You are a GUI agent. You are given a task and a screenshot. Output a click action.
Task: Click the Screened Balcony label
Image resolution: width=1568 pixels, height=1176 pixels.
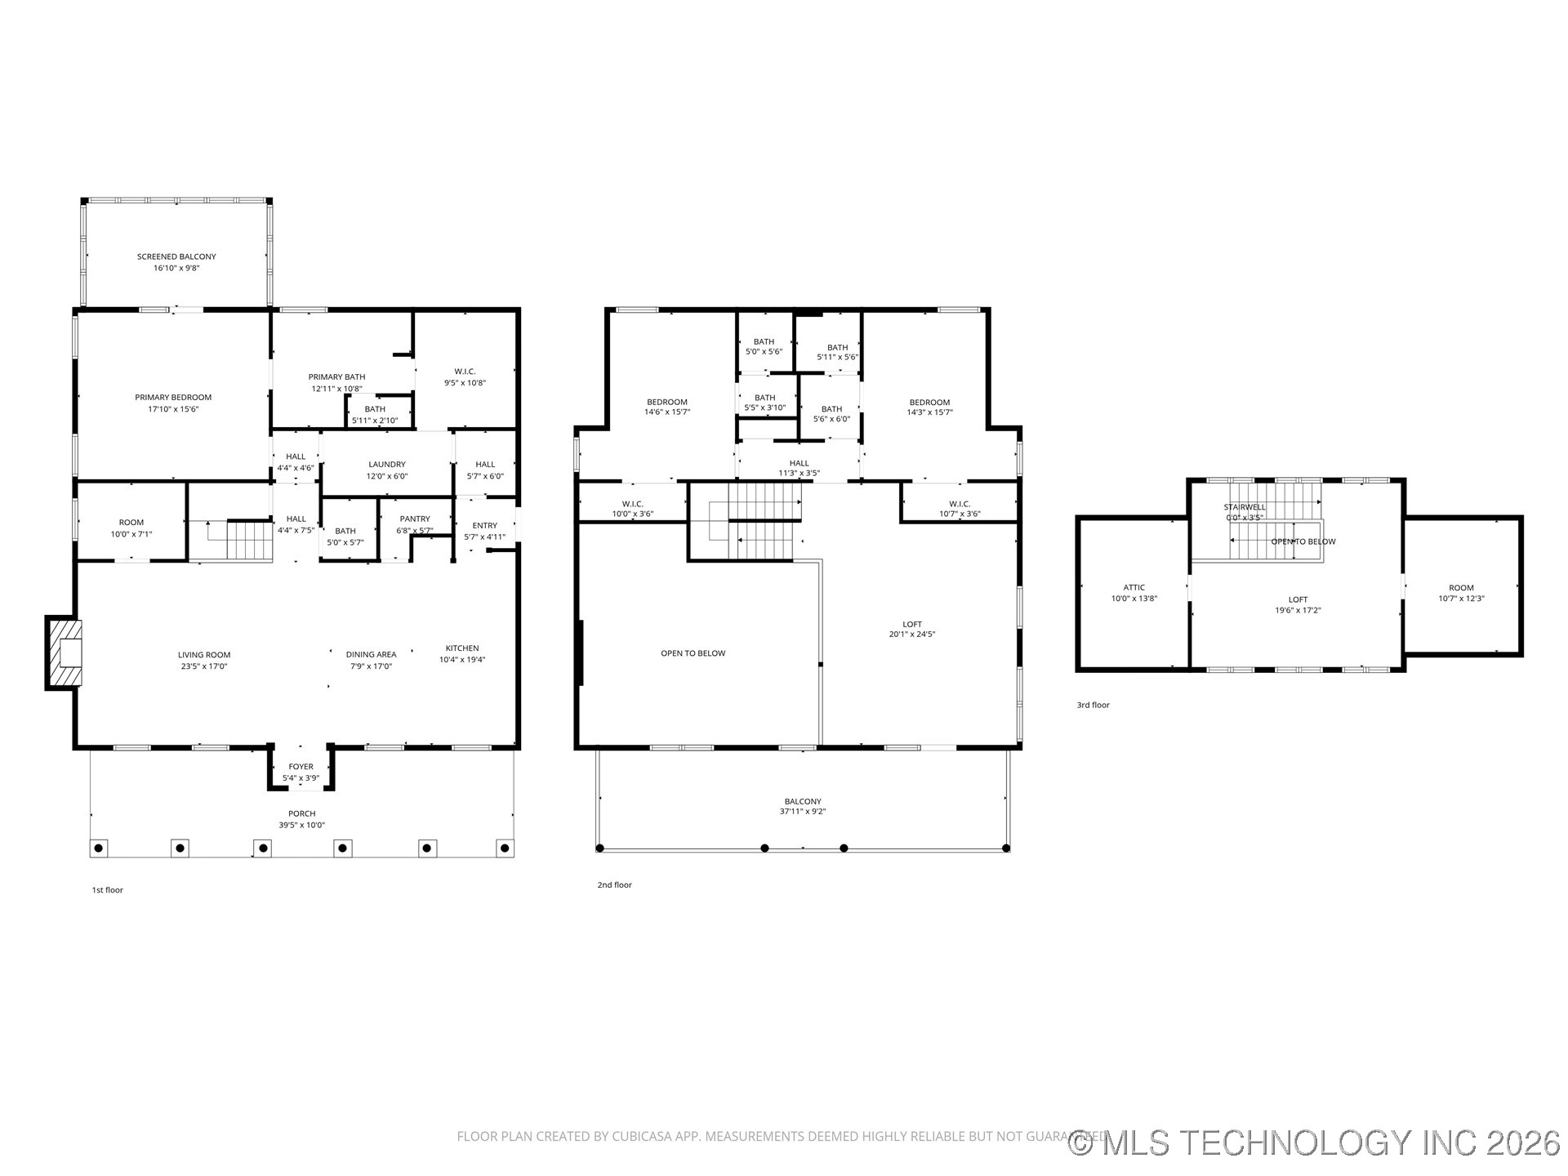point(176,256)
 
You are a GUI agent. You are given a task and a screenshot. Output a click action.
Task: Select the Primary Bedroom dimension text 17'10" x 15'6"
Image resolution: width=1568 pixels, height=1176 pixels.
point(173,409)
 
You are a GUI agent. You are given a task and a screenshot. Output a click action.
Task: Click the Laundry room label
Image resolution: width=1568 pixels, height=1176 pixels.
point(387,465)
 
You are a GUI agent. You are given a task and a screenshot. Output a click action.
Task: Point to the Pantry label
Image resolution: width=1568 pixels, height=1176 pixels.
point(415,519)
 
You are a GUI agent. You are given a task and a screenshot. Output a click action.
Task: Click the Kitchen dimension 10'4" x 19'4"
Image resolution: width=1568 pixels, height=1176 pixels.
point(462,660)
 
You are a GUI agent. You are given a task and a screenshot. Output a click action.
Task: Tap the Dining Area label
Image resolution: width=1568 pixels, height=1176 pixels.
point(371,654)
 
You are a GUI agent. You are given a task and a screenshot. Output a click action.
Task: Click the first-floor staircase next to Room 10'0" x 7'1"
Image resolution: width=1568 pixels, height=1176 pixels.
point(243,540)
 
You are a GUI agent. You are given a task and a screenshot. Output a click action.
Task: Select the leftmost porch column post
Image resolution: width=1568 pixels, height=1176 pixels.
point(99,848)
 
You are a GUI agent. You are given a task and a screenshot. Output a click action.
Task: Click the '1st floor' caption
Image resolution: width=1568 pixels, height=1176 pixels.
point(107,890)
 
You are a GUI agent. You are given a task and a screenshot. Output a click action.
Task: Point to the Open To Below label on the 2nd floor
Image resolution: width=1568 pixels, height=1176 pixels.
point(693,653)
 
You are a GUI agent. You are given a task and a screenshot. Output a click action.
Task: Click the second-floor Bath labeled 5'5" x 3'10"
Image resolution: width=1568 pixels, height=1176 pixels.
point(765,403)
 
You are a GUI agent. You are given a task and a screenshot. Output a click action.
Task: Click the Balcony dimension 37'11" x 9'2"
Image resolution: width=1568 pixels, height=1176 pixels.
point(803,812)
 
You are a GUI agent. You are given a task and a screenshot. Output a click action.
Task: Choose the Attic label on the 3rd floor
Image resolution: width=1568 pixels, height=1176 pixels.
point(1134,587)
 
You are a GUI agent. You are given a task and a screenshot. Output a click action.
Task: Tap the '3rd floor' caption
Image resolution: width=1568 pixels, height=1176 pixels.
point(1093,705)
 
